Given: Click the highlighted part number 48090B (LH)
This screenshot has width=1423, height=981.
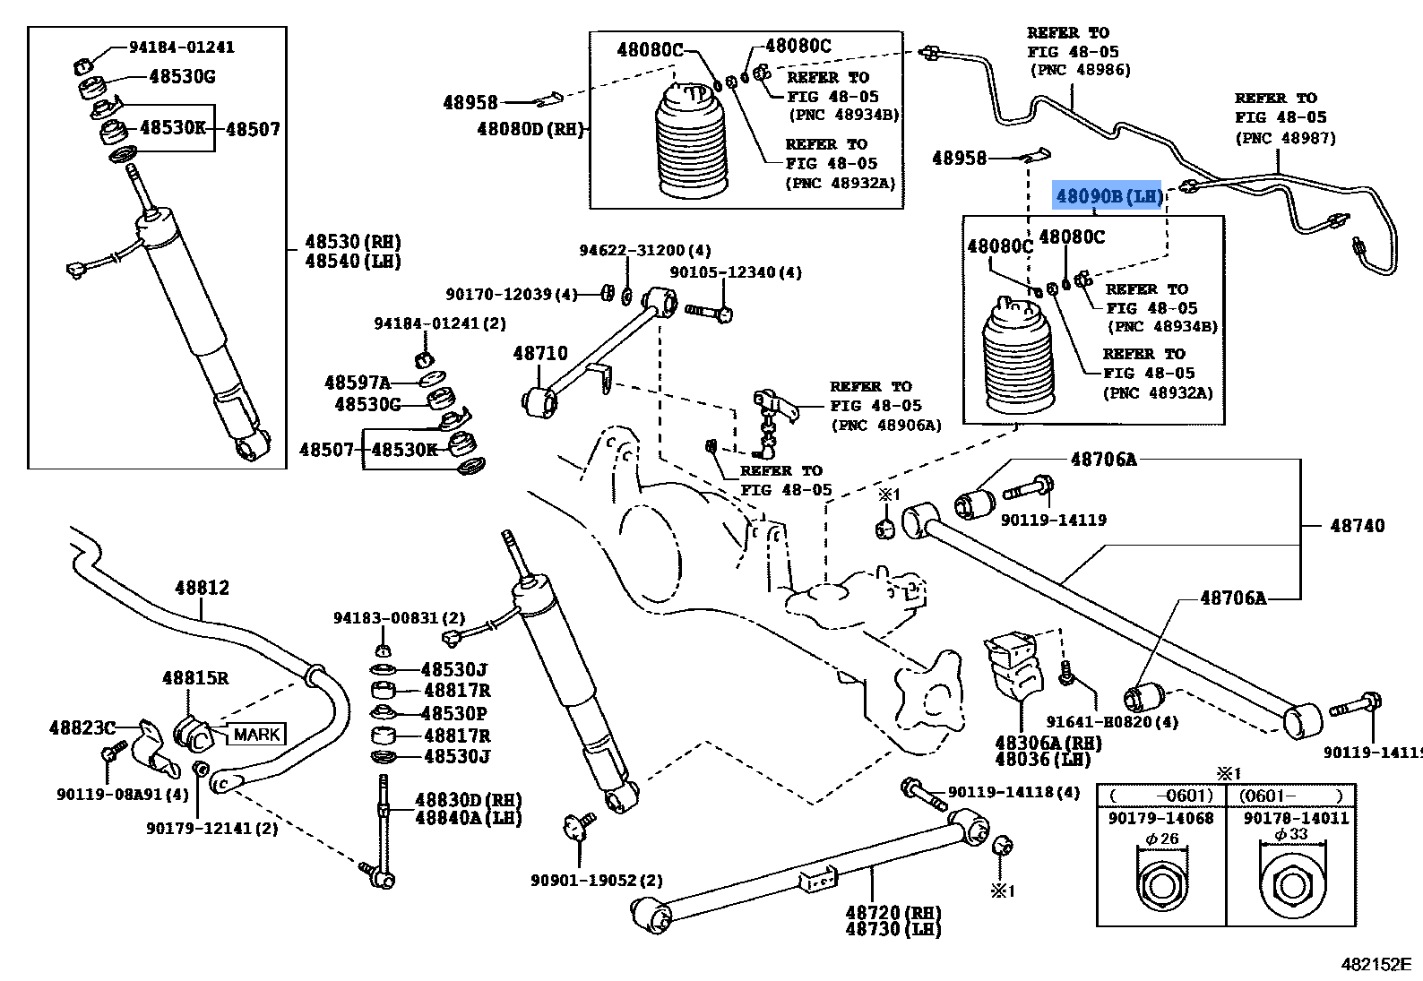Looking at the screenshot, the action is pos(1108,196).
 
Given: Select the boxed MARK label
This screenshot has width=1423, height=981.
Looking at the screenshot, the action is pos(256,734).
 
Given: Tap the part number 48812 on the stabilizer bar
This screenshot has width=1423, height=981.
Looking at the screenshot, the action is pos(202,588).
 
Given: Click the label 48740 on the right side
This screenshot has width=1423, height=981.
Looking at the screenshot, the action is pos(1357,525).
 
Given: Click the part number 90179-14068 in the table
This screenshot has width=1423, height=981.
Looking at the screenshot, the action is pos(1160,818).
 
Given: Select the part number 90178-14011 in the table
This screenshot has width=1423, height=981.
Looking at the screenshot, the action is pos(1296,818).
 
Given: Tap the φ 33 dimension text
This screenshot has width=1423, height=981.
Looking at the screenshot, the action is pos(1291,834).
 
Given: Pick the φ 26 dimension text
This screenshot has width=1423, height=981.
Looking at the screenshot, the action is pos(1162,839).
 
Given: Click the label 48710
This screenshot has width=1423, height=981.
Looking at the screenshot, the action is pos(540,353).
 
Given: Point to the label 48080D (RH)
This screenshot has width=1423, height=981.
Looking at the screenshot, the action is pos(530,129).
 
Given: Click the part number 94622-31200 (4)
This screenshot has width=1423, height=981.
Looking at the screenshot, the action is pos(645,250).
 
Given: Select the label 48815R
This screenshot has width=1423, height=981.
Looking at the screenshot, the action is pos(195,677).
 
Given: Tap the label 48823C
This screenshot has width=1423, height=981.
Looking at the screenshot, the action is pos(82,727).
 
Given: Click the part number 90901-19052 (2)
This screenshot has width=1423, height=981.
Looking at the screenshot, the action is pos(597,880).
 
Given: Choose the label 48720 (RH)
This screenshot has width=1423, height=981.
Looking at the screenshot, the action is pos(893,912).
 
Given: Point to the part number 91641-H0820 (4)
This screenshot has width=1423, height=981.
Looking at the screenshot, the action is pos(1112,722).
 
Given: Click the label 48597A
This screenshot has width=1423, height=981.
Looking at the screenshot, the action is pos(358,383).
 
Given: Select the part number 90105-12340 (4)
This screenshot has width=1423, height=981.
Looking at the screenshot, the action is pos(736,272).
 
